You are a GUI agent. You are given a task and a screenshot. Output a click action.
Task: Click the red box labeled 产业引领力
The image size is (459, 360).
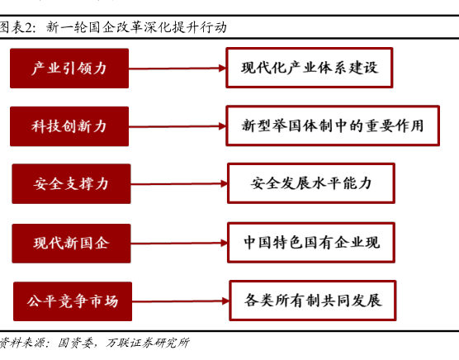tap(69, 69)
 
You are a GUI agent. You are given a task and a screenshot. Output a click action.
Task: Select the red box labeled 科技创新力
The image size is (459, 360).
tap(69, 126)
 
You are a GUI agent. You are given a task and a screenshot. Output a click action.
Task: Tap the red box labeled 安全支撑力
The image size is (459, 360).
tap(71, 184)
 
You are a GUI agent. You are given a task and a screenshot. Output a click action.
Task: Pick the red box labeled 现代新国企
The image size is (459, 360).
tap(71, 244)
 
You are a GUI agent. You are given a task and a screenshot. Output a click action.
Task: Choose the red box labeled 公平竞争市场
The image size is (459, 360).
tap(73, 301)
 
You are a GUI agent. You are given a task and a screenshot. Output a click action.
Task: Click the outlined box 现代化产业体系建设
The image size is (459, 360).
tap(310, 68)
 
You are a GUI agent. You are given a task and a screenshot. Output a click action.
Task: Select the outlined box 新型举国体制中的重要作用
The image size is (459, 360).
tap(333, 126)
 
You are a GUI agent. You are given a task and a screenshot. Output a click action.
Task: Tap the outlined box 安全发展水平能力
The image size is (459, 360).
tap(311, 183)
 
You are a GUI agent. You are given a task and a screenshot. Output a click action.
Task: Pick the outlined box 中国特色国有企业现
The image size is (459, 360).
tap(311, 243)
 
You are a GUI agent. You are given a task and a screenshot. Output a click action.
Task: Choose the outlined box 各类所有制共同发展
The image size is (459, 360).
tap(313, 301)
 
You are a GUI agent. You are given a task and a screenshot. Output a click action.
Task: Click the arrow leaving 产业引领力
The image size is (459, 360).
tap(177, 69)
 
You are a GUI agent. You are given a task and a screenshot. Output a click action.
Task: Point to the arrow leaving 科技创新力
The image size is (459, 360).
tap(177, 126)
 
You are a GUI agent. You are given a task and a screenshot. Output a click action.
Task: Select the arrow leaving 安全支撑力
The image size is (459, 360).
tap(179, 184)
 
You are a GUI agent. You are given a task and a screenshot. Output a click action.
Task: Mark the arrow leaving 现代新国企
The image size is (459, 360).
tap(179, 243)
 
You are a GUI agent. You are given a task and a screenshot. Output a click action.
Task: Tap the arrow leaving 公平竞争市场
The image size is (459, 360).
tap(181, 301)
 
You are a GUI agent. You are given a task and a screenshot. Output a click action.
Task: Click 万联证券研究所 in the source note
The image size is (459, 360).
tap(148, 343)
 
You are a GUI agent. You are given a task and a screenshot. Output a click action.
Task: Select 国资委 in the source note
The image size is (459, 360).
tap(75, 343)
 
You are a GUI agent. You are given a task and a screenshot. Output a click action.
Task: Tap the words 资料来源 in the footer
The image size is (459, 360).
tap(21, 343)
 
